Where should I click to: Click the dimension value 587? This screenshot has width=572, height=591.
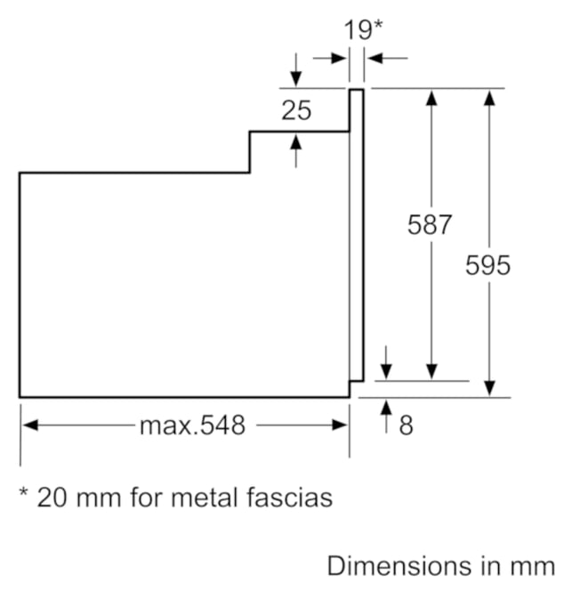click(429, 224)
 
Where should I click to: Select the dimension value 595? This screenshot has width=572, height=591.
click(487, 265)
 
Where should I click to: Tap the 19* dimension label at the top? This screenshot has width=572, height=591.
click(363, 29)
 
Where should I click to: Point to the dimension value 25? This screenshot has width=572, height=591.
click(296, 110)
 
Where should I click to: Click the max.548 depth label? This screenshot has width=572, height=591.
click(192, 425)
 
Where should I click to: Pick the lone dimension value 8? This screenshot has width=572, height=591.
click(406, 425)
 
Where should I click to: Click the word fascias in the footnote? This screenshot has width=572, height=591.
click(290, 498)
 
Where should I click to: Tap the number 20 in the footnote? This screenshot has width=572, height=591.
click(52, 498)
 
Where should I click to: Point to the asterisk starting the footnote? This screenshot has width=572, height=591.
click(24, 492)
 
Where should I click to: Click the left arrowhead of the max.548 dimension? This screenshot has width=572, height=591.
click(30, 425)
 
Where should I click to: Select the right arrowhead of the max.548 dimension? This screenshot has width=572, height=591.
click(340, 425)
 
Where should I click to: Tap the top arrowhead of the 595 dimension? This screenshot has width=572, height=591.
click(489, 98)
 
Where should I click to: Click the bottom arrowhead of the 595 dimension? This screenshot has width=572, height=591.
click(489, 389)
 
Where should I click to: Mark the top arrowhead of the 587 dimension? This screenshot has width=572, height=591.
click(431, 98)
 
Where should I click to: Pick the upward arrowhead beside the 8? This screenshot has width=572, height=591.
click(386, 408)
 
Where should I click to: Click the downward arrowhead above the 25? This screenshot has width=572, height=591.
click(296, 78)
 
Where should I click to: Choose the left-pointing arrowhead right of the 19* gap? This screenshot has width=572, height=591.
click(375, 59)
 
